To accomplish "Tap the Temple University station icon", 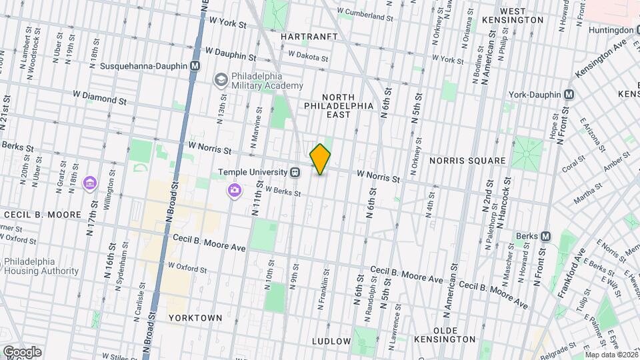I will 295,172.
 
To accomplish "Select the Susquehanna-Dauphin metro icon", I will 195,66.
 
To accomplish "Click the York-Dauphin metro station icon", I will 568,95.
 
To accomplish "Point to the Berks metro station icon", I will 545,236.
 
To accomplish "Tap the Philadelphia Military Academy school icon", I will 219,80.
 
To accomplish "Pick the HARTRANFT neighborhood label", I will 309,36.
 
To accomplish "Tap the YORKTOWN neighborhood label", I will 195,318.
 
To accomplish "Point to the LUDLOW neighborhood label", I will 331,341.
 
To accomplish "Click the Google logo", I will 22,352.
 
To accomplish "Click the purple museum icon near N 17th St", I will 89,183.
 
